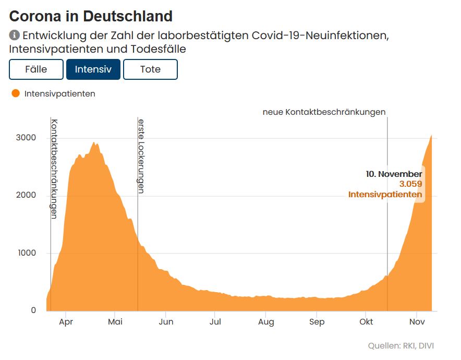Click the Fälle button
36,69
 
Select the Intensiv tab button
93,69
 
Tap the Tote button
151,69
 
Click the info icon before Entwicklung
15,35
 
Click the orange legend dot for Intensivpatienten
16,93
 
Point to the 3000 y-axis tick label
25,138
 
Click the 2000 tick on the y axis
25,195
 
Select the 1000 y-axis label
25,253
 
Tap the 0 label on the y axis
33,310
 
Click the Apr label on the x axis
66,322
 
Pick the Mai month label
115,322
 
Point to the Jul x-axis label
215,322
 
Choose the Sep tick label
317,322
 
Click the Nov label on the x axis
417,322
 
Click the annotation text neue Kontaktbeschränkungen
324,112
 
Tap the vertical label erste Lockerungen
141,156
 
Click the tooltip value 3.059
410,184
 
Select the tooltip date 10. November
394,174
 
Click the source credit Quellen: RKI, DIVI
401,346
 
